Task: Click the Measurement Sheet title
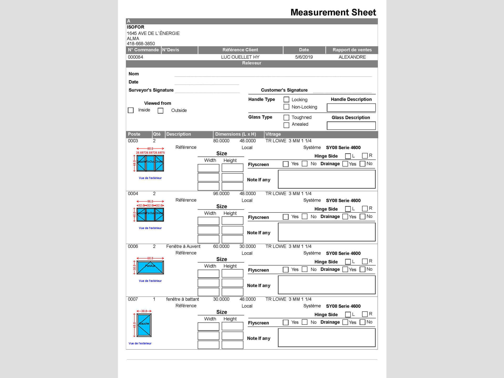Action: pos(333,12)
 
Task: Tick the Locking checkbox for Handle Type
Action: pos(286,99)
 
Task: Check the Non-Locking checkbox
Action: pos(286,107)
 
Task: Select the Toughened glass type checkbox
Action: pos(286,117)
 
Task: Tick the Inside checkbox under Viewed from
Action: pos(131,110)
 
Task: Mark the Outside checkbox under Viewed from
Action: pos(160,111)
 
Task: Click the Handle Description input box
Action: pos(351,107)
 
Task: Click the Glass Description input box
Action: pos(351,125)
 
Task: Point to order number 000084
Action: pos(135,57)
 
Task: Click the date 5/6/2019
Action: pos(304,57)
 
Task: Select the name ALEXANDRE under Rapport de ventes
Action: pos(352,57)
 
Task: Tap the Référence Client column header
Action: pos(240,50)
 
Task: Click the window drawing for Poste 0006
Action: pos(150,267)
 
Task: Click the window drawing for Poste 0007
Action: pos(144,325)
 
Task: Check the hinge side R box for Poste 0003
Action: pos(365,156)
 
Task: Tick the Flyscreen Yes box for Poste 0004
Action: pos(286,217)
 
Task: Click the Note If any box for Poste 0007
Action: pos(327,338)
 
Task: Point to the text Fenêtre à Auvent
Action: pos(183,246)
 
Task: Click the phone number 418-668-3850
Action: pos(141,44)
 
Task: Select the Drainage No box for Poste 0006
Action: pos(363,269)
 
